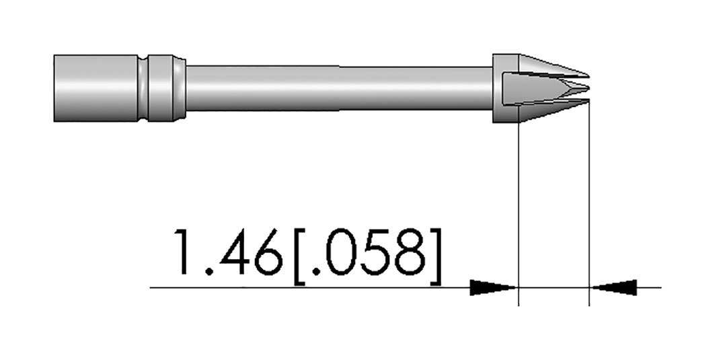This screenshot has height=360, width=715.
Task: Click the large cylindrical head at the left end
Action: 96,88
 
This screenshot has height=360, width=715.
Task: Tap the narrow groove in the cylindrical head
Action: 144,88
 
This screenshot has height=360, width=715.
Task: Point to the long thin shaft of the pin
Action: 339,88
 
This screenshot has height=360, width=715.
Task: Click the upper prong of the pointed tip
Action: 552,66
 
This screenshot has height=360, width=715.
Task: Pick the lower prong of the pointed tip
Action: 552,110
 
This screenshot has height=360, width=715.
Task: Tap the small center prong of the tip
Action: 574,87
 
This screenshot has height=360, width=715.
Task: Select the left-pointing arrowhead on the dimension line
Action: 613,287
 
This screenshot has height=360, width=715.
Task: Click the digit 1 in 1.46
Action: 183,252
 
